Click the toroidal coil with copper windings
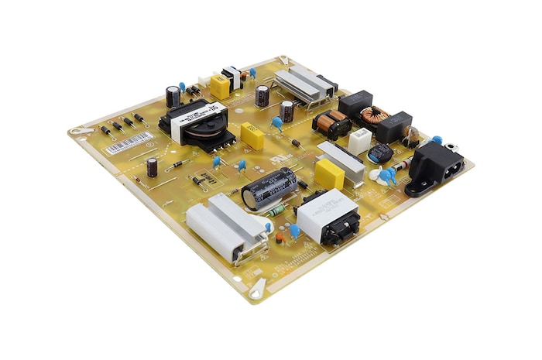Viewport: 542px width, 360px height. (x=376, y=116)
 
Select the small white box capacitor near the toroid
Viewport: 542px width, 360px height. (x=358, y=141)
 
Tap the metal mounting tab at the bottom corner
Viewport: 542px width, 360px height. (x=256, y=290)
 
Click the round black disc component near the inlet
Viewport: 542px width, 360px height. (x=379, y=153)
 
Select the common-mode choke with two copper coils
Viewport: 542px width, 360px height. (x=331, y=122)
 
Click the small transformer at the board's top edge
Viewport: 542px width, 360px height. (x=232, y=77)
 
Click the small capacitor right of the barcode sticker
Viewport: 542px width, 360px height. (x=153, y=166)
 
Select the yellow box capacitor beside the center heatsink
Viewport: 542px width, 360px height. (x=329, y=174)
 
